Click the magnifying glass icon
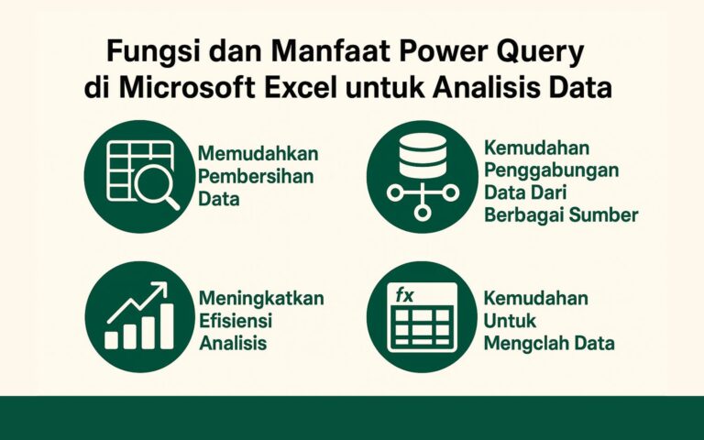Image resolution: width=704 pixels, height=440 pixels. click(x=158, y=187)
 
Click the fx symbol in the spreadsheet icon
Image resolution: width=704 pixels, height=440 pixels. click(x=404, y=295)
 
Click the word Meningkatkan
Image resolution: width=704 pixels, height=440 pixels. click(x=260, y=299)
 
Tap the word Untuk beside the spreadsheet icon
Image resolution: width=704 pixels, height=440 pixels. click(x=511, y=321)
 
